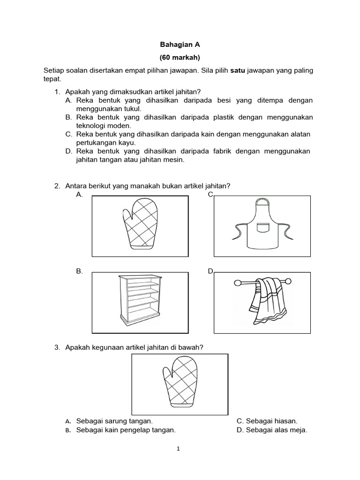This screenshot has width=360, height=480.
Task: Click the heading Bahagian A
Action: click(180, 45)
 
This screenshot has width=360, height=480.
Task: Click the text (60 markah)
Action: click(180, 58)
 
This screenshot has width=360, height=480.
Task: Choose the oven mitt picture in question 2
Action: click(140, 225)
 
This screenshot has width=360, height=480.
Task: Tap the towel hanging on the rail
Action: click(265, 300)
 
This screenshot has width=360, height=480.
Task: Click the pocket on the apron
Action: click(263, 228)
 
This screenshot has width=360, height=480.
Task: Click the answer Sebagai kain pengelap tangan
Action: click(126, 430)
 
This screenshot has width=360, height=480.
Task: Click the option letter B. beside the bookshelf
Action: click(79, 271)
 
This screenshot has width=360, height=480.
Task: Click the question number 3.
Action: click(57, 347)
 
